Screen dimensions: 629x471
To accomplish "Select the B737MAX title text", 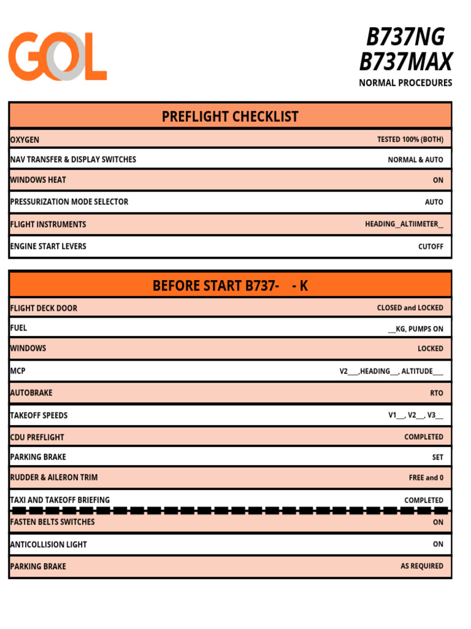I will tap(405, 61).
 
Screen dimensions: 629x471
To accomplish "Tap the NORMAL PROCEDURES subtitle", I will tap(405, 83).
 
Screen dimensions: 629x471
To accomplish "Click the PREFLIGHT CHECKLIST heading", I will tap(230, 116).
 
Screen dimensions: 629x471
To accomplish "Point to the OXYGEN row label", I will tap(25, 140).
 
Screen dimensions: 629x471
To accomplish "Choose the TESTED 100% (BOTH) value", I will tap(410, 139).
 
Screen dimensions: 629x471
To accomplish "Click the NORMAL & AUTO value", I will tap(415, 160).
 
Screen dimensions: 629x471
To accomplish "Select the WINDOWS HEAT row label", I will tap(38, 180).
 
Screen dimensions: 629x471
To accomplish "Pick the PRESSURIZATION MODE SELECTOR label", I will tap(69, 201).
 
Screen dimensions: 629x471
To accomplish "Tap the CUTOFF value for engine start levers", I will tap(431, 246).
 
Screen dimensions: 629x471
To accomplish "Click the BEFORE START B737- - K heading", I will tap(230, 286).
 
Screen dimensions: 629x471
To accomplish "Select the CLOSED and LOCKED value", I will tap(410, 308).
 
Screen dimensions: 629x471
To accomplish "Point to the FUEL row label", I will tap(18, 328).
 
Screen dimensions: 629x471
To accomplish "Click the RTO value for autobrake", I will tap(436, 393).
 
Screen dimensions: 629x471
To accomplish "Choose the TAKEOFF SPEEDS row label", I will tap(39, 415).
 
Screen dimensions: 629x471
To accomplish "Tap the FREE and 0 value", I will tap(426, 477).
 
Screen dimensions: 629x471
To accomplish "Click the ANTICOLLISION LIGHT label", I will tap(48, 544).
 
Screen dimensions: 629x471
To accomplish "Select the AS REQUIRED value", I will tap(421, 566).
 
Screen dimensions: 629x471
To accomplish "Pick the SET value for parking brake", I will tap(437, 457).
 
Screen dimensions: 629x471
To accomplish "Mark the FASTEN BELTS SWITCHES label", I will tap(52, 522).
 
